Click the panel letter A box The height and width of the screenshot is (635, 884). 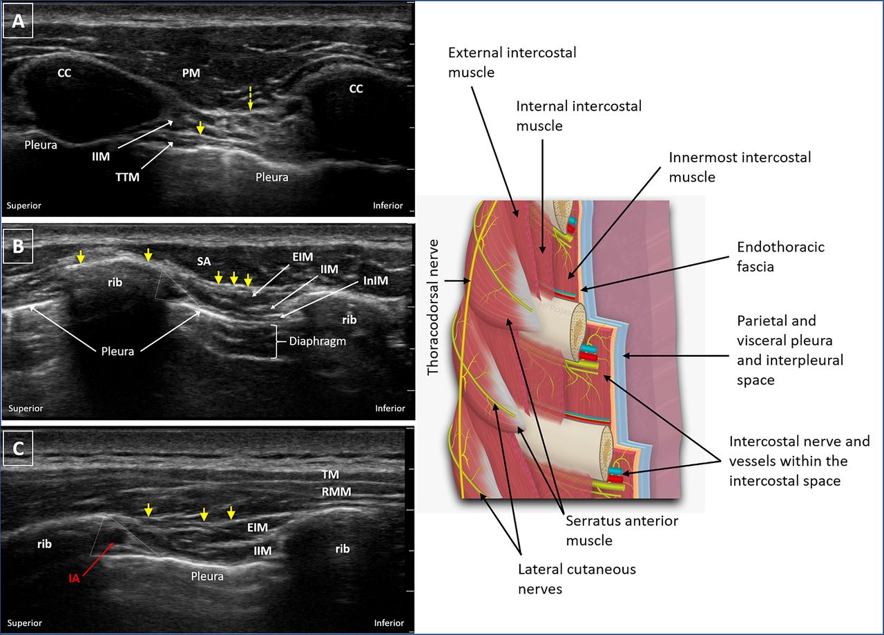(19, 21)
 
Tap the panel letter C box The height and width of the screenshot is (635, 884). (19, 448)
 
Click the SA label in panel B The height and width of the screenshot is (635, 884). (203, 261)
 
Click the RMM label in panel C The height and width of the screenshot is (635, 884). (336, 492)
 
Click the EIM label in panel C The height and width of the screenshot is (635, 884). (258, 527)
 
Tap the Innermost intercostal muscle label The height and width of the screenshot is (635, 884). (740, 167)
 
